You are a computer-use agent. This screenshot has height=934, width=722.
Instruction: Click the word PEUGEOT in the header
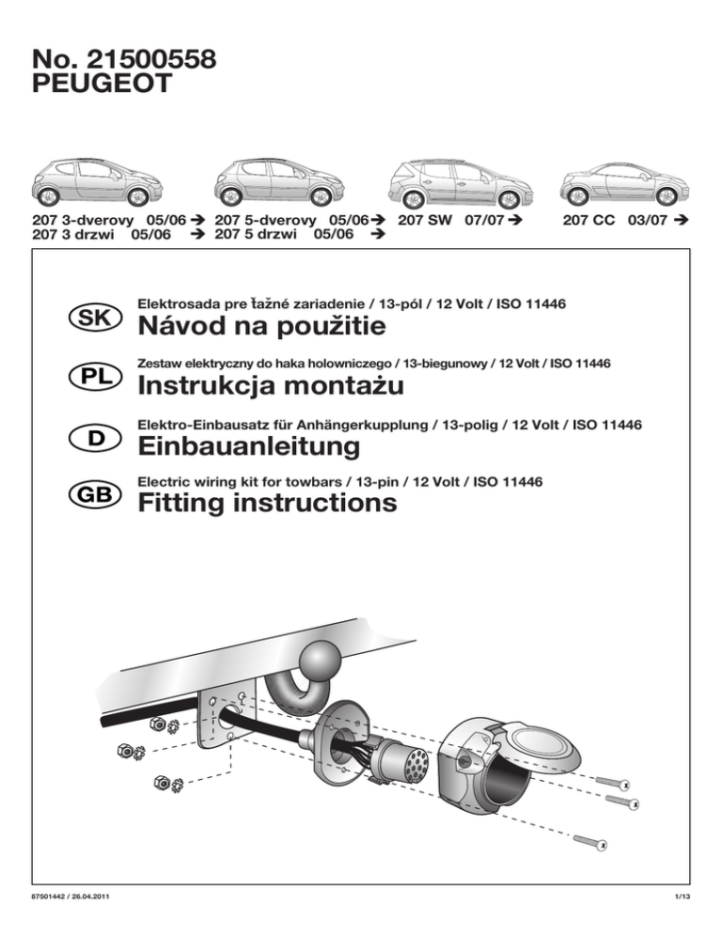[102, 86]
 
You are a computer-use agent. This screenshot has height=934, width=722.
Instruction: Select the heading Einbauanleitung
[248, 446]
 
